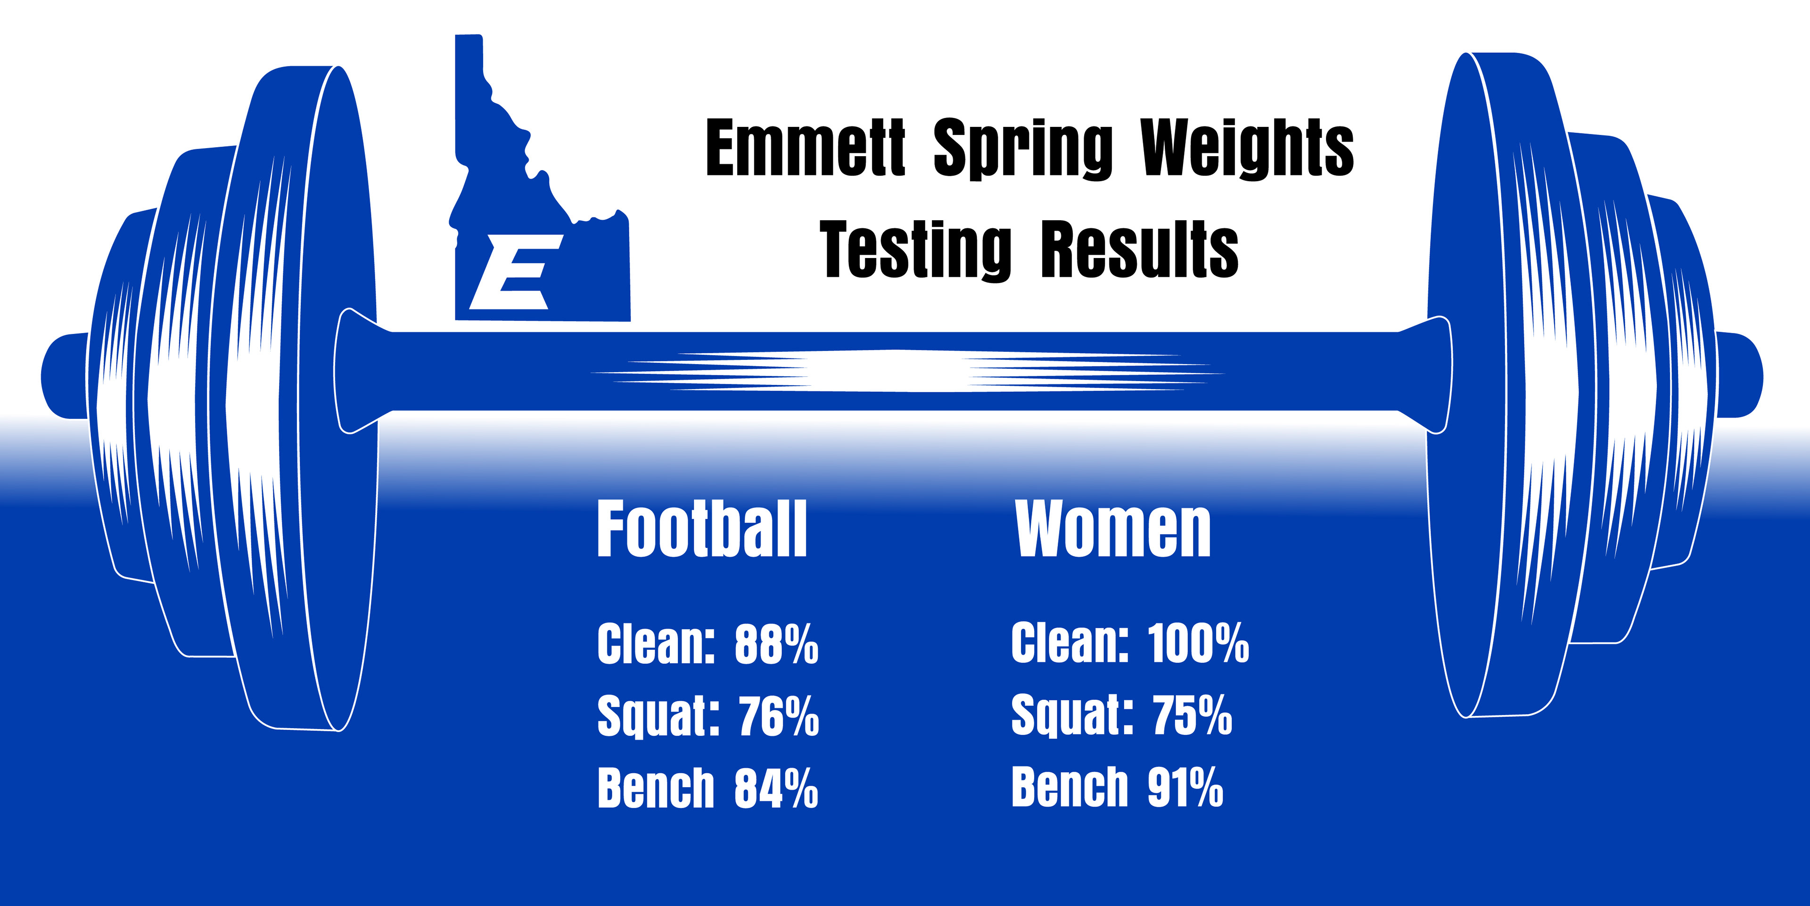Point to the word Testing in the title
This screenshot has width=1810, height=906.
pyautogui.click(x=915, y=249)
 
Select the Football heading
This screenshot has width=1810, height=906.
pyautogui.click(x=702, y=529)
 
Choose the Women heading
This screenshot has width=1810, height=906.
pyautogui.click(x=1113, y=529)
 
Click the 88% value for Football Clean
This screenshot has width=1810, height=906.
pyautogui.click(x=776, y=643)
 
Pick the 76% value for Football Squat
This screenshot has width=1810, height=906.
pyautogui.click(x=779, y=715)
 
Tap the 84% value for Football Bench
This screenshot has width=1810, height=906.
pyautogui.click(x=776, y=788)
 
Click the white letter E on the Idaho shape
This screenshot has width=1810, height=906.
pyautogui.click(x=517, y=272)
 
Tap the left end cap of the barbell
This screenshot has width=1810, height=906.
pyautogui.click(x=65, y=376)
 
